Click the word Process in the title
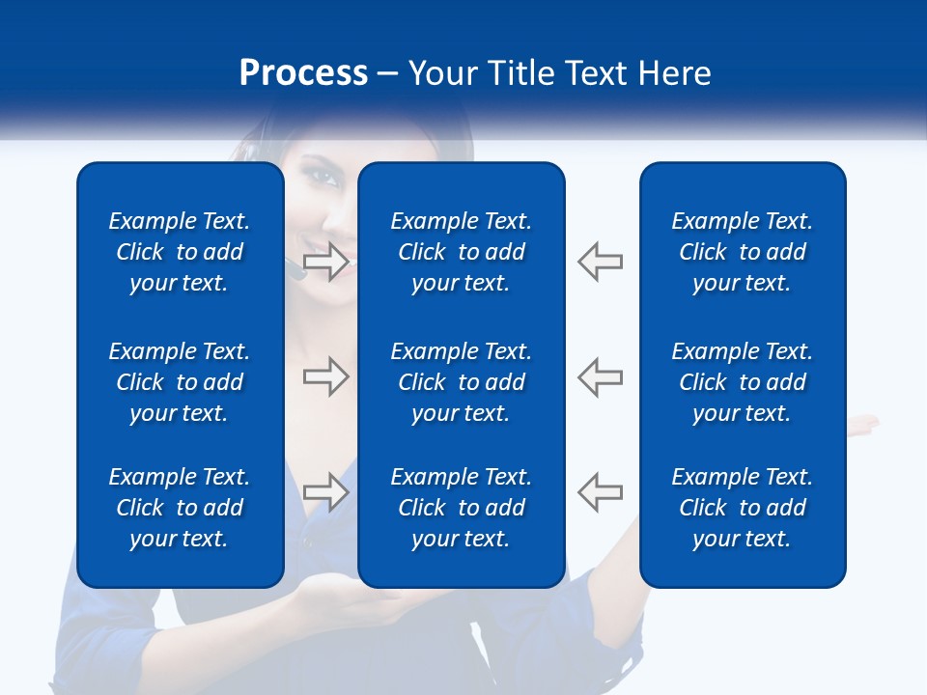303,73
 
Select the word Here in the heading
674,73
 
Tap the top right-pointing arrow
325,261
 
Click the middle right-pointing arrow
325,376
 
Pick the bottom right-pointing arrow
325,491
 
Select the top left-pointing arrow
601,261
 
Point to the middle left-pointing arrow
601,376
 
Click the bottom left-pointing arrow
601,491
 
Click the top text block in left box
180,252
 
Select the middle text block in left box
180,382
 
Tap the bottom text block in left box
180,508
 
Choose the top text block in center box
462,252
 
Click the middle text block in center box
462,382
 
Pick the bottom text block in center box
462,508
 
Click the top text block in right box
743,252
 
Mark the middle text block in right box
743,382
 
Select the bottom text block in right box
743,508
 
